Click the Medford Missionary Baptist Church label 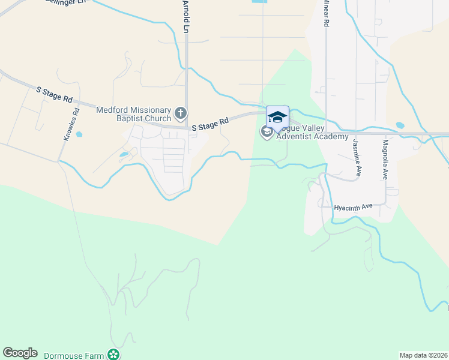click(x=133, y=113)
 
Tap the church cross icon click(x=180, y=113)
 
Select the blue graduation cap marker click(x=277, y=116)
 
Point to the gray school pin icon click(x=267, y=131)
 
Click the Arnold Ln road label click(x=187, y=16)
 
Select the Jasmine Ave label click(x=355, y=153)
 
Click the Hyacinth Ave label click(x=354, y=206)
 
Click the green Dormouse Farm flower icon click(x=113, y=355)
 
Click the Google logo click(x=20, y=353)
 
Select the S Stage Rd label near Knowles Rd click(x=54, y=94)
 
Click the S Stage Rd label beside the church click(x=210, y=124)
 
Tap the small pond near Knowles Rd click(x=79, y=134)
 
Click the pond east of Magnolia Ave click(x=400, y=125)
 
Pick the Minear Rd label click(x=327, y=13)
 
